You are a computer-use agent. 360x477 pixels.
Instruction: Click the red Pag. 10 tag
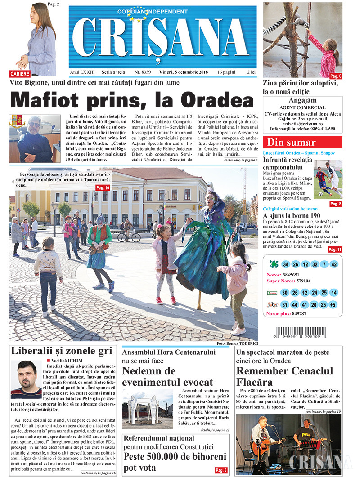pos(103,187)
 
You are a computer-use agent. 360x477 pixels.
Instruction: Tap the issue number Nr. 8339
pos(143,72)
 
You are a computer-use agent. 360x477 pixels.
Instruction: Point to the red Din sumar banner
pos(302,143)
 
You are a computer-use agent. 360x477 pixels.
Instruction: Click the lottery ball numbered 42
pos(333,264)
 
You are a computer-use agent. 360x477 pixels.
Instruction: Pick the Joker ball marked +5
pos(333,304)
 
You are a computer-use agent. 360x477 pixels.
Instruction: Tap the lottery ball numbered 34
pos(286,264)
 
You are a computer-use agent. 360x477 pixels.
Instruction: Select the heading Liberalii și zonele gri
pos(61,352)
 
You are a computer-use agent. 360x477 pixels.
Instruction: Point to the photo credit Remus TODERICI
pos(237,343)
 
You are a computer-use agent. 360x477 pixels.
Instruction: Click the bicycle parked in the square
pos(129,236)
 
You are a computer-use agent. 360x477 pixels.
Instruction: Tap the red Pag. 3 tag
pos(221,470)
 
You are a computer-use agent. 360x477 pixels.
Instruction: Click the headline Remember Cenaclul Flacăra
pos(285,377)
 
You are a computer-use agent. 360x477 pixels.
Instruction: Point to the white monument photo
pos(147,409)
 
